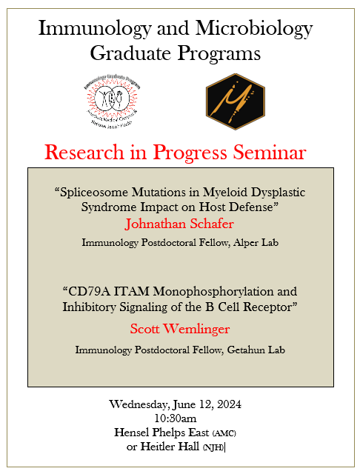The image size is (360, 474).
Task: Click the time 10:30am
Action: point(180,418)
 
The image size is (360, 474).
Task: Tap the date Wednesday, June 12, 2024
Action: point(180,404)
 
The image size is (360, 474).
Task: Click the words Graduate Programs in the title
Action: point(175,53)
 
